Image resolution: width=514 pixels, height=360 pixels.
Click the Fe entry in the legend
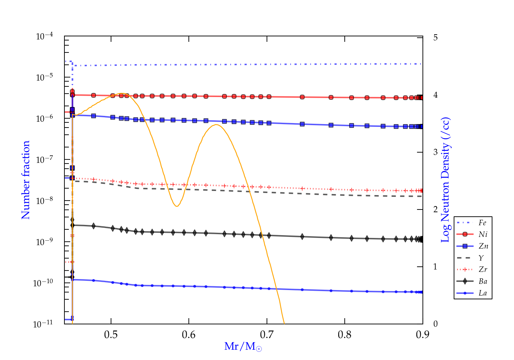(482, 223)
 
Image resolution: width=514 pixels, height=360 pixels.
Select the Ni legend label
(483, 235)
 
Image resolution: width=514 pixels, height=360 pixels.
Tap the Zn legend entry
(483, 246)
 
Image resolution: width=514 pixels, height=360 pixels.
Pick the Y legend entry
(481, 258)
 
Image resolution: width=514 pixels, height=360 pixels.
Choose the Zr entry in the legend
(483, 269)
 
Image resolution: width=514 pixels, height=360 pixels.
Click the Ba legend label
(483, 281)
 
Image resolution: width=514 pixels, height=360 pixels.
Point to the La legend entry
(482, 293)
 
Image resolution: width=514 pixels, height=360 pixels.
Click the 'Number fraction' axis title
(26, 180)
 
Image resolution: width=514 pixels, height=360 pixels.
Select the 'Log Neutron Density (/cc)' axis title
(445, 180)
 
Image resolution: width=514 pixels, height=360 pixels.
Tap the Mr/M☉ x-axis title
(243, 347)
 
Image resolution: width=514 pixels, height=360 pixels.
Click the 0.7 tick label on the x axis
(267, 335)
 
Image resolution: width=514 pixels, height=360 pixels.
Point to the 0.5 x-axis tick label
(111, 335)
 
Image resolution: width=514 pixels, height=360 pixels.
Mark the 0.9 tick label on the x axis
(423, 335)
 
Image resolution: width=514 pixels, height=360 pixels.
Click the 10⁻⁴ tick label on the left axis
(44, 36)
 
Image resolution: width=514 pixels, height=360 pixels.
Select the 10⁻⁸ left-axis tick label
(44, 201)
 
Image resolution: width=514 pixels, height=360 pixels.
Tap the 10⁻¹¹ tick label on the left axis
(43, 324)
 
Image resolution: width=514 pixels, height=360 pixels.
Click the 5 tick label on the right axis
(436, 37)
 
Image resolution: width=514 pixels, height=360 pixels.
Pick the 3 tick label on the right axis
(436, 152)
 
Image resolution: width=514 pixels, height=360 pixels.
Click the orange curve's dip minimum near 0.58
(176, 206)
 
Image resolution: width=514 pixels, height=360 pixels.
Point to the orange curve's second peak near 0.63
(216, 124)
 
